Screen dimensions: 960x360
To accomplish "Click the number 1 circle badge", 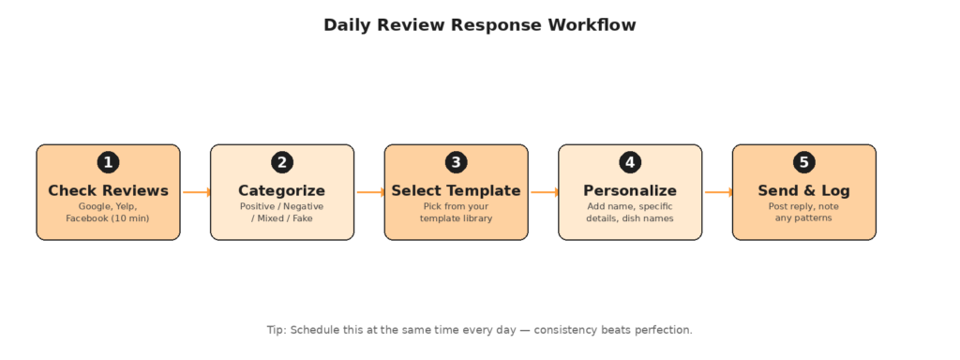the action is click(109, 163).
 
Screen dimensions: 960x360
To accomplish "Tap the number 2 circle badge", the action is click(282, 163).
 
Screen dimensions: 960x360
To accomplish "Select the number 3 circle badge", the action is click(457, 163).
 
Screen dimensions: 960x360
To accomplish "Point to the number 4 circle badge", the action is click(630, 163).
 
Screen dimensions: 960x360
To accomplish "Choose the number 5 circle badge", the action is click(803, 163).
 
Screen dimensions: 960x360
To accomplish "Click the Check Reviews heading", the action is click(109, 191).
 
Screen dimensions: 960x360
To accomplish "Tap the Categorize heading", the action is click(281, 191).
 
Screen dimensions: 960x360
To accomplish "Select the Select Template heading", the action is click(457, 191).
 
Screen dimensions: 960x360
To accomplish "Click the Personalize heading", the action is click(630, 191).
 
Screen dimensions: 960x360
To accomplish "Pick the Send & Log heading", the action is click(803, 191).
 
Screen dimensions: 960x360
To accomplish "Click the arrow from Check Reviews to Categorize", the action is click(197, 192).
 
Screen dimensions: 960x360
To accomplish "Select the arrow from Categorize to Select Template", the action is click(370, 192).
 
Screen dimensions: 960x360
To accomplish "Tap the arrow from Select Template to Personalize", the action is click(545, 192).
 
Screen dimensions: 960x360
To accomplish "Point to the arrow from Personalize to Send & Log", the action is click(718, 192).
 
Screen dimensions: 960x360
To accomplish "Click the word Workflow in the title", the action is click(592, 25).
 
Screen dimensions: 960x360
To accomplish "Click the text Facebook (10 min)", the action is click(108, 218).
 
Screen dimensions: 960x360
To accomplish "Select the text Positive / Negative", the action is click(281, 206).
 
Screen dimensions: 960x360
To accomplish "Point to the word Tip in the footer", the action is click(277, 330).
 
